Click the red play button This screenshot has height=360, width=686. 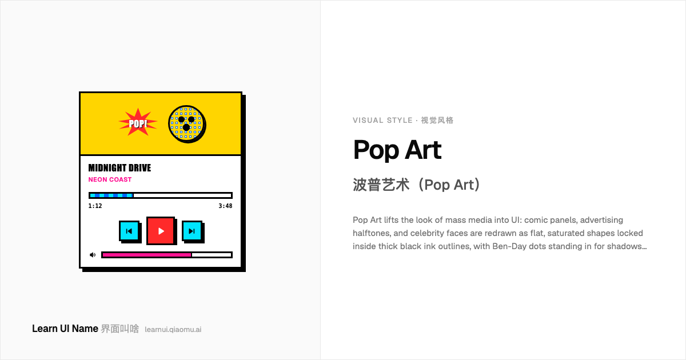161,231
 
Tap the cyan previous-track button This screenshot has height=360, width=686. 129,231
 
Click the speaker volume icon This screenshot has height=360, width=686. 93,255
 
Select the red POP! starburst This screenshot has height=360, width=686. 138,122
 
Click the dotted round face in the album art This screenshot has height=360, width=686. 186,123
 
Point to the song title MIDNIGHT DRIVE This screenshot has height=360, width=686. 119,168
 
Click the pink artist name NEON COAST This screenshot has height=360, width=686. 110,179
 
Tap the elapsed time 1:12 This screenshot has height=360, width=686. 95,206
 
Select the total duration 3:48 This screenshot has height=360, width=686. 225,206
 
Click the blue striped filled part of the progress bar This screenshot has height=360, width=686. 111,195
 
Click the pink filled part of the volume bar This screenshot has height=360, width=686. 147,255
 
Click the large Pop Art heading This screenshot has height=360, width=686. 397,150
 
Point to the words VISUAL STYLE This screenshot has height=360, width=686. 382,121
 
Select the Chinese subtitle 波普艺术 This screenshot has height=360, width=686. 381,185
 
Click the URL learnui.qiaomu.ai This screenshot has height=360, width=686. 173,329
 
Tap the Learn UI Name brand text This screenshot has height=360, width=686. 65,329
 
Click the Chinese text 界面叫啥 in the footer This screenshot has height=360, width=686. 119,329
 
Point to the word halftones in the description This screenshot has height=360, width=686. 372,233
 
